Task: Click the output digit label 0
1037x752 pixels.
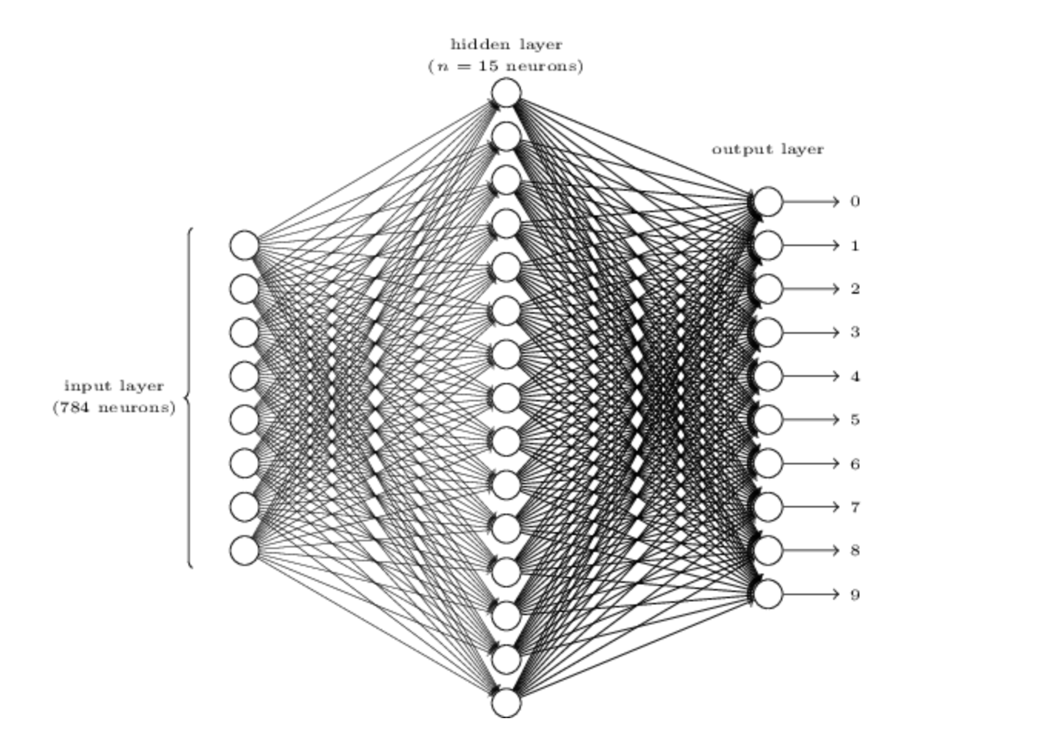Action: (x=855, y=201)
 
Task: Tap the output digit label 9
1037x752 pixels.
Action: (x=855, y=594)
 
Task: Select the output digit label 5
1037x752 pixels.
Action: (x=855, y=420)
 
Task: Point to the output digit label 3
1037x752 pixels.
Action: (x=855, y=332)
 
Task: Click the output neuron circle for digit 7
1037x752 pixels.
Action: (x=768, y=507)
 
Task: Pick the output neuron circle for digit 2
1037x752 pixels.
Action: (x=768, y=289)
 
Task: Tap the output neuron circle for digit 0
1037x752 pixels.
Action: (x=768, y=201)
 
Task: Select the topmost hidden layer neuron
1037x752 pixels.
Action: (x=506, y=93)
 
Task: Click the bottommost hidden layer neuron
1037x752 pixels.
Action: (x=506, y=703)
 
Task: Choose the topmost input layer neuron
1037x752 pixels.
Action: (x=245, y=245)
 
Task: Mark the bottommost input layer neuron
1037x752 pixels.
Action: (x=245, y=551)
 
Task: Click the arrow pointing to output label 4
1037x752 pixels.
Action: (x=811, y=376)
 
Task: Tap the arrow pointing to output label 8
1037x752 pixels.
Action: (x=811, y=551)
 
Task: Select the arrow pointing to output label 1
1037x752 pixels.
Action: (x=811, y=245)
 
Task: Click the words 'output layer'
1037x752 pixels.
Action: (x=768, y=149)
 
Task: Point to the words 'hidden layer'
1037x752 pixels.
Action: (x=506, y=45)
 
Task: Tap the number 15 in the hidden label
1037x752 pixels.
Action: (x=488, y=66)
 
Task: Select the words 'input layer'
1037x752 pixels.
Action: (x=114, y=386)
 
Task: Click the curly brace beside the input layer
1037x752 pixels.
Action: (x=189, y=398)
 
